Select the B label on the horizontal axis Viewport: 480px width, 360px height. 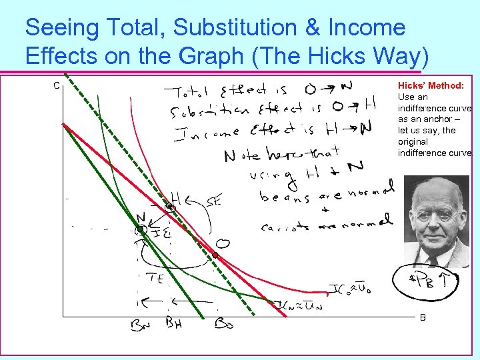(x=423, y=318)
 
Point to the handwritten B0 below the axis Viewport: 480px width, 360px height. (x=223, y=325)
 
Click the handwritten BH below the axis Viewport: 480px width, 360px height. (x=174, y=323)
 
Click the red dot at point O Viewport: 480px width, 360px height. (x=215, y=255)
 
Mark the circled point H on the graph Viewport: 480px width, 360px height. (x=170, y=208)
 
